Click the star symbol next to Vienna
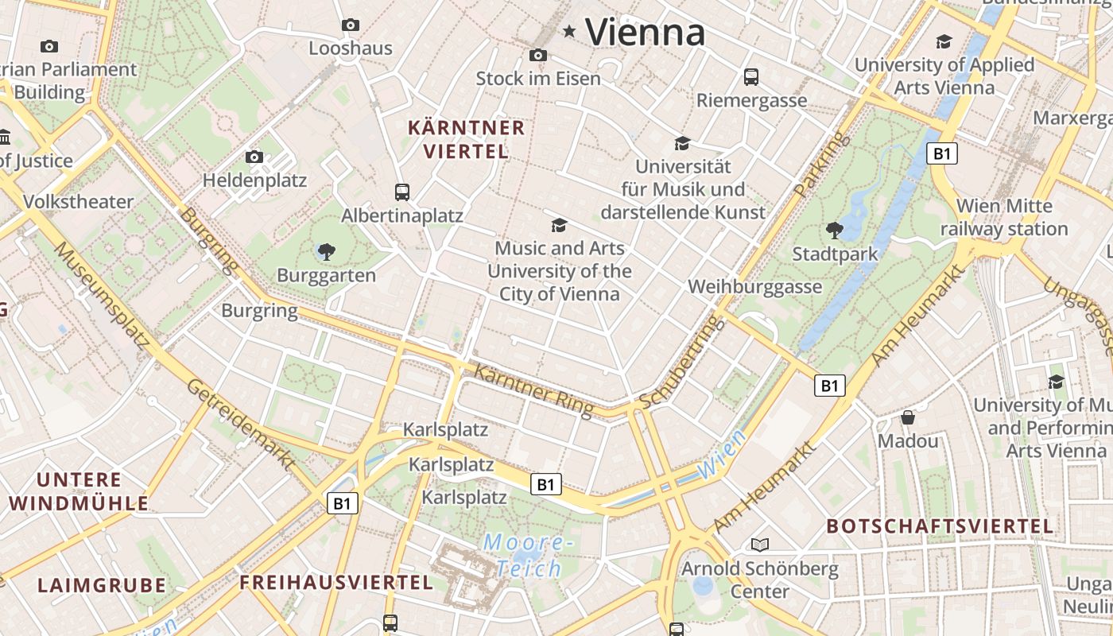569,32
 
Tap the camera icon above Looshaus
350,25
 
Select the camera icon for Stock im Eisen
538,56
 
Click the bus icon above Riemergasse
751,77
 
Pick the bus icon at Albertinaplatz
402,192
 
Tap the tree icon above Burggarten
326,253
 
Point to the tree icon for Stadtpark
835,231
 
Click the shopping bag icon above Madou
908,417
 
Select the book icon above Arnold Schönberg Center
760,545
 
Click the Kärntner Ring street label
533,390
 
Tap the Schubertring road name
682,363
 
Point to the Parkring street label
822,165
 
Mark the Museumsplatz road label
102,295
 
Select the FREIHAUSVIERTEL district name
336,583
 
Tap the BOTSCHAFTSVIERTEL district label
940,526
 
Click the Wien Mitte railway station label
1004,217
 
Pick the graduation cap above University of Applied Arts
944,41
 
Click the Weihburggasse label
754,286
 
